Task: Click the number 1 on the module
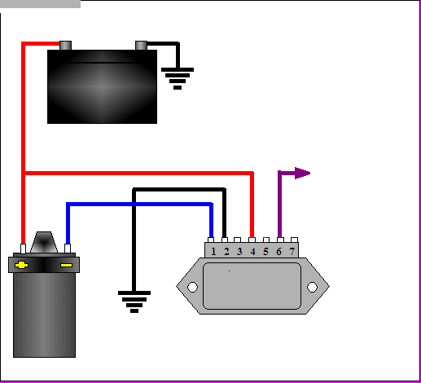[213, 252]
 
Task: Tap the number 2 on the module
[226, 252]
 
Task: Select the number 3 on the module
[239, 252]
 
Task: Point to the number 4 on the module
[252, 252]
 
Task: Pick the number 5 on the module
[265, 252]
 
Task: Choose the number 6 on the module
[278, 252]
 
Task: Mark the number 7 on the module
[292, 252]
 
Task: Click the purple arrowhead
[302, 173]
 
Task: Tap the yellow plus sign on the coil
[21, 265]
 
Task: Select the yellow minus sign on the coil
[66, 265]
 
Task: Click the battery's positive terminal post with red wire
[65, 46]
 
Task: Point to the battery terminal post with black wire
[141, 46]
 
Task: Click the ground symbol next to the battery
[178, 78]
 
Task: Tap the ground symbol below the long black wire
[134, 302]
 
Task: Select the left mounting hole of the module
[192, 287]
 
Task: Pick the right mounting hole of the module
[312, 287]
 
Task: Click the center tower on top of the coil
[44, 242]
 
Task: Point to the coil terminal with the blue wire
[68, 249]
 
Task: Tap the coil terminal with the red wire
[23, 249]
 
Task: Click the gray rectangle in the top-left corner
[40, 4]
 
